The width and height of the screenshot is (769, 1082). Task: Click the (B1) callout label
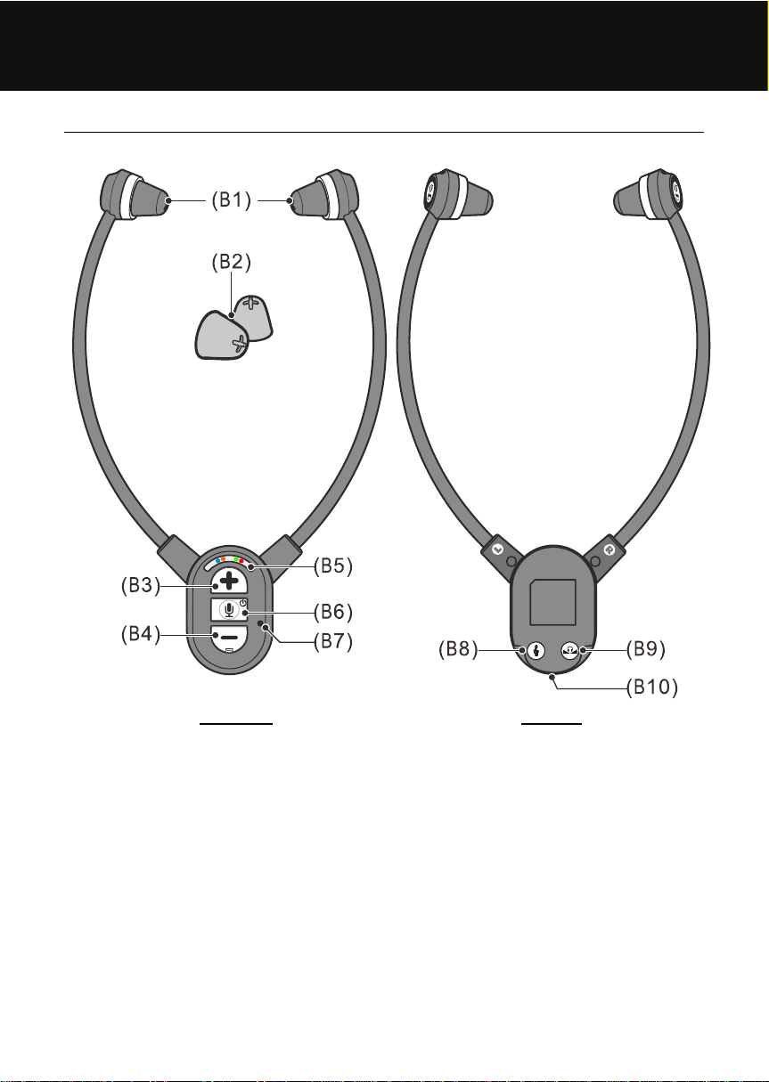(x=232, y=200)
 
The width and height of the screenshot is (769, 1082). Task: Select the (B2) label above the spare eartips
(x=232, y=262)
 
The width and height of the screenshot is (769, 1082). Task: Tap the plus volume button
(x=229, y=582)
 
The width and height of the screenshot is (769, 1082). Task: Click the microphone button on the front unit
(x=229, y=610)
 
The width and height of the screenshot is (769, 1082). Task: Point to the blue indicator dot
(x=218, y=561)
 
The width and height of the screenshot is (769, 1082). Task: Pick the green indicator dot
(x=236, y=559)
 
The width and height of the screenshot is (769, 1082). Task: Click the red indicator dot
(x=241, y=561)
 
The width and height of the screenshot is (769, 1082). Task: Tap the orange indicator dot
(x=223, y=559)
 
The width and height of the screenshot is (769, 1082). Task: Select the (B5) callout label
(x=333, y=566)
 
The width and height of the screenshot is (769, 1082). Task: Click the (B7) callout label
(x=333, y=641)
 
